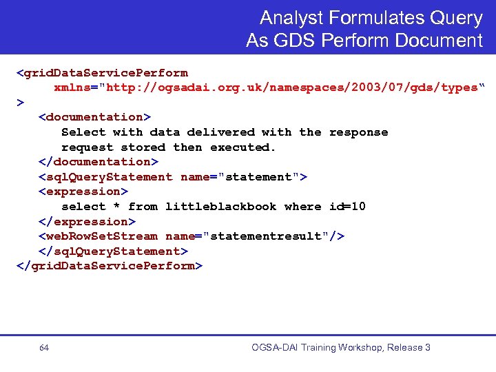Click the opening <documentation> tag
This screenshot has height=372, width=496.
click(x=94, y=117)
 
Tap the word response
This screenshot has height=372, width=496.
click(x=358, y=132)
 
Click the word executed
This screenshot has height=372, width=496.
click(x=242, y=147)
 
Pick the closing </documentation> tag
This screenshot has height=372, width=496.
click(x=98, y=162)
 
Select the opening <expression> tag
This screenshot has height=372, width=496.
click(x=83, y=192)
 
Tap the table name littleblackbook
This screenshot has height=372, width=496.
click(x=220, y=207)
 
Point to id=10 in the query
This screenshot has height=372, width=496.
click(x=347, y=207)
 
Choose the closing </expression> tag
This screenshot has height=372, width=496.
click(x=87, y=222)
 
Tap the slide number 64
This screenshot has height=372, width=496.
click(x=44, y=348)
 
